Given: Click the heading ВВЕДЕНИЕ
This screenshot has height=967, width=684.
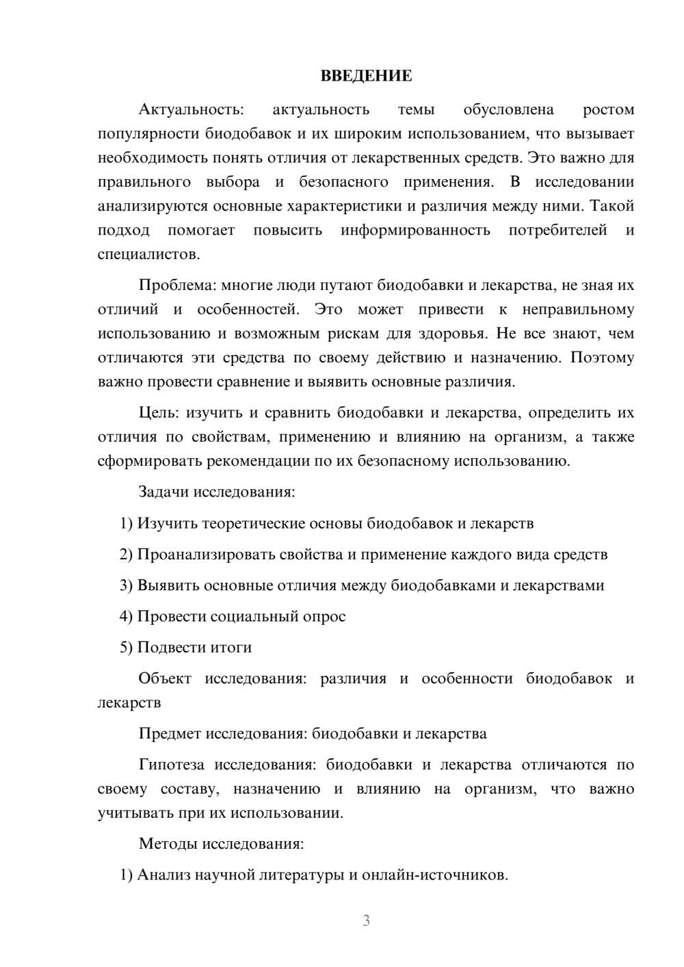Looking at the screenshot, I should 366,76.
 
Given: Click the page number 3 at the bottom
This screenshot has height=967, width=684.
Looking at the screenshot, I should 366,920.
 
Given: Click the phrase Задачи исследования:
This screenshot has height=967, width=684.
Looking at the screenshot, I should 217,492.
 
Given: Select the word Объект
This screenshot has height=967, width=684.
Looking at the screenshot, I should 165,678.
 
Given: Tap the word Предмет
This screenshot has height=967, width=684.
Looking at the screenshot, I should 170,734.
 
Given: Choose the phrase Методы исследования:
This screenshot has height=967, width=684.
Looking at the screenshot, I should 221,843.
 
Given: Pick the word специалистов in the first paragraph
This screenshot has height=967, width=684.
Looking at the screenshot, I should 148,254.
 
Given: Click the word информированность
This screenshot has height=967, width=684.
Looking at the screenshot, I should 415,230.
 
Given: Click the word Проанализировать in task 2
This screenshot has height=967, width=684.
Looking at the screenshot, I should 207,554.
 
